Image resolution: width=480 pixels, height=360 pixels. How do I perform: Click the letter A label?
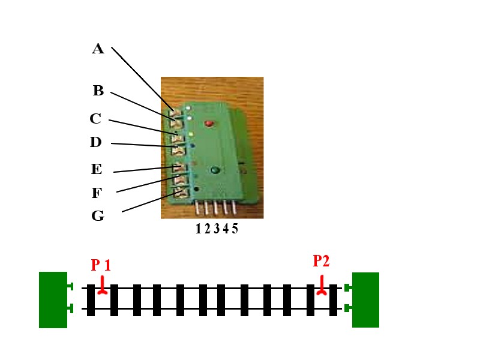[98, 49]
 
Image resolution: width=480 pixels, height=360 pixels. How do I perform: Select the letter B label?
[98, 91]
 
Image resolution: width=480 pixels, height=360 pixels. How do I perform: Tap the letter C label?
[95, 119]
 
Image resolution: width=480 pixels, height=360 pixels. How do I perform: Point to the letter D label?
[95, 143]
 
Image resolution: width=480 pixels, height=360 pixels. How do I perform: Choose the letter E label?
[97, 169]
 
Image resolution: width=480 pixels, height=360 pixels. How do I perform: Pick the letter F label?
[97, 193]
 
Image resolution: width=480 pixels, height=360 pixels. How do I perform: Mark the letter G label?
[98, 216]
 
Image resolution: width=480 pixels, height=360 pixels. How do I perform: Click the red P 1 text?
[101, 265]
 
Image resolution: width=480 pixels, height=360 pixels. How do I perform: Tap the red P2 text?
[321, 260]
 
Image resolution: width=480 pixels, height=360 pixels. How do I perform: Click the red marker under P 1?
[103, 287]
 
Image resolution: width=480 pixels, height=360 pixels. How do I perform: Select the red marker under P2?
[322, 286]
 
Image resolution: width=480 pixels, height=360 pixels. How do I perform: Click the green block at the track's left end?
[53, 299]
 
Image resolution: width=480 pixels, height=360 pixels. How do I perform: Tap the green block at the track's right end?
[365, 299]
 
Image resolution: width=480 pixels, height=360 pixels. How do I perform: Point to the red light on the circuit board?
[209, 124]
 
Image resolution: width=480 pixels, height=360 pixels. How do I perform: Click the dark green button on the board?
[214, 170]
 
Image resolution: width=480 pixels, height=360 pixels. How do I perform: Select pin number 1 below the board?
[198, 208]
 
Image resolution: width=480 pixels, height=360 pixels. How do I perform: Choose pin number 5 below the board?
[234, 208]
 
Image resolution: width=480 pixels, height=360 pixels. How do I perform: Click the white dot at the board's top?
[188, 108]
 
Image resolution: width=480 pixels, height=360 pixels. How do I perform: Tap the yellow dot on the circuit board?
[190, 134]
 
